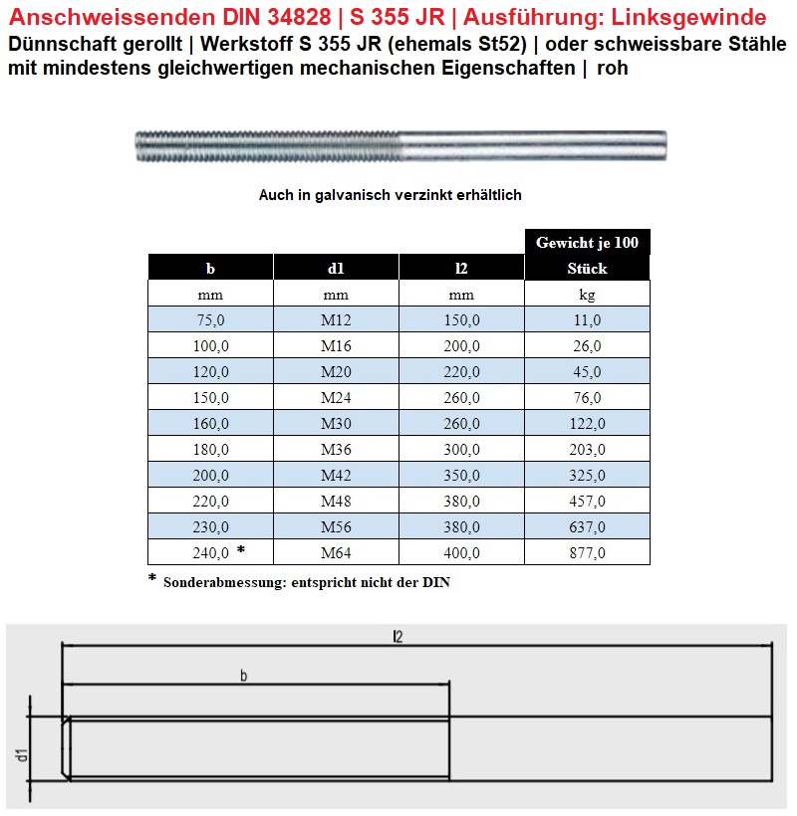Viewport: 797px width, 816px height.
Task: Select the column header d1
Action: pos(336,268)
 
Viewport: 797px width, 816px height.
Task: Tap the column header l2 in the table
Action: pos(461,268)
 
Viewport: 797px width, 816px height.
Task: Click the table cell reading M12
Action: pos(336,319)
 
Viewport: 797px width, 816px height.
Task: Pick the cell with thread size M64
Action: pos(336,552)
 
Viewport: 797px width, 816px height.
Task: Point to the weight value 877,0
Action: pos(587,552)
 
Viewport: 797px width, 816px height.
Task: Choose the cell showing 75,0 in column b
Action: pos(210,319)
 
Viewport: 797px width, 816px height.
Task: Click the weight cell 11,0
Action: pos(587,319)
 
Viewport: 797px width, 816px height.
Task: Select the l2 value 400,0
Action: pos(461,552)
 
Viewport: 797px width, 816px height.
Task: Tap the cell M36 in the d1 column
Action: pos(336,449)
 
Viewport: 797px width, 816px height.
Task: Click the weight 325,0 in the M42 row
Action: pos(587,475)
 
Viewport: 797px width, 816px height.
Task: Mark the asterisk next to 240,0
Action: pos(241,550)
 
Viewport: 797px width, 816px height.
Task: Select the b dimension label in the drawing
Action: pos(244,677)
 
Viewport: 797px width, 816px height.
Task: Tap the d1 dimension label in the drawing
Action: pos(20,755)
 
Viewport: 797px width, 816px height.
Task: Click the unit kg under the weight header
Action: pos(587,294)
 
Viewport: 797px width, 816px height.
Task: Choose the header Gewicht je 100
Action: pos(587,242)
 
